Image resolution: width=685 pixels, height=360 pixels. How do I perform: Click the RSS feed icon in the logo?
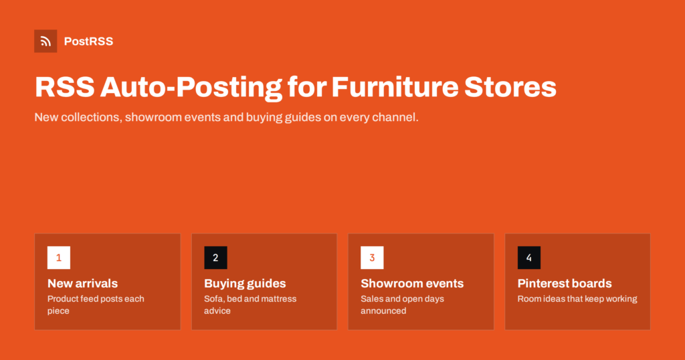click(x=45, y=41)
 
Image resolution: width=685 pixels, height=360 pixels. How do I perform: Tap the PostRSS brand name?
click(x=89, y=41)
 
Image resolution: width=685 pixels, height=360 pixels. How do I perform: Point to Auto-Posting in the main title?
click(x=191, y=88)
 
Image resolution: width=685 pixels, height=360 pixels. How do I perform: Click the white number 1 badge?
click(x=59, y=258)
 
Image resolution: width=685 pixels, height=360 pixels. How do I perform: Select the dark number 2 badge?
click(x=216, y=258)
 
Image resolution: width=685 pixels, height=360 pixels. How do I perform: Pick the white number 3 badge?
click(x=372, y=258)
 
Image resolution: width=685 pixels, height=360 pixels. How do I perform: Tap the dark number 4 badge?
click(x=529, y=258)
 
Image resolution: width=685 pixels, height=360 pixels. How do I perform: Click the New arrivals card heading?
click(x=82, y=284)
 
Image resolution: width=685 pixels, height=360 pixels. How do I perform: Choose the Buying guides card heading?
click(x=245, y=284)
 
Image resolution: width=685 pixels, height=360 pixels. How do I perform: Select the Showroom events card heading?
click(x=412, y=284)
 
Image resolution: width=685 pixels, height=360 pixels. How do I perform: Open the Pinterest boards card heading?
click(x=565, y=284)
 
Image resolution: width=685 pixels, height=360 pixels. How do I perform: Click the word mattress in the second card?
click(x=277, y=299)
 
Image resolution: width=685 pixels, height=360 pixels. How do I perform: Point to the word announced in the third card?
click(x=383, y=310)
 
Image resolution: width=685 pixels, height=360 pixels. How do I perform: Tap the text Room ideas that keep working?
click(x=577, y=299)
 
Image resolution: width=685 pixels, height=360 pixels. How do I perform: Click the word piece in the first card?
click(x=59, y=311)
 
